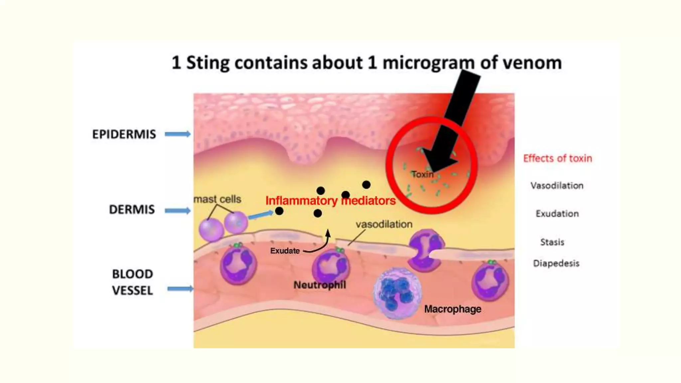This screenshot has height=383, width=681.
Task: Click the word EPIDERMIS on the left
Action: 124,134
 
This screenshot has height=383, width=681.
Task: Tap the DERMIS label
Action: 132,209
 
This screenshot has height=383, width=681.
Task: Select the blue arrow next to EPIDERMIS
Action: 178,134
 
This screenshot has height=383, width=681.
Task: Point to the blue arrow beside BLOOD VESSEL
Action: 180,289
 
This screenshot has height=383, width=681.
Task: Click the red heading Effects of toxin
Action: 557,158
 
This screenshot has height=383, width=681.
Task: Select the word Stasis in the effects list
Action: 552,242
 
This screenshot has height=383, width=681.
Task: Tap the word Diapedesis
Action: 556,263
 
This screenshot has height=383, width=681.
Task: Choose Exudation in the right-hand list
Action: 557,213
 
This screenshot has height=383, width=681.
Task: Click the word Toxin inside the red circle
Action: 422,174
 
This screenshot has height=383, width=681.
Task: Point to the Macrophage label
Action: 453,309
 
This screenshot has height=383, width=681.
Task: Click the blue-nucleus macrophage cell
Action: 397,293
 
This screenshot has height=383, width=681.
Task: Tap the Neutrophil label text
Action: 320,285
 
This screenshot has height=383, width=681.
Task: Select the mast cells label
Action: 217,199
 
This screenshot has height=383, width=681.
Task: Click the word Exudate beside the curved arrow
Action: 285,251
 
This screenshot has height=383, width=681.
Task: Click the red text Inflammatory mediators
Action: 330,201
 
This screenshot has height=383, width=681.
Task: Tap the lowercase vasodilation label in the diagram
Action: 384,224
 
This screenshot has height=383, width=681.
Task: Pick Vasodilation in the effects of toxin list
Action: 557,186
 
